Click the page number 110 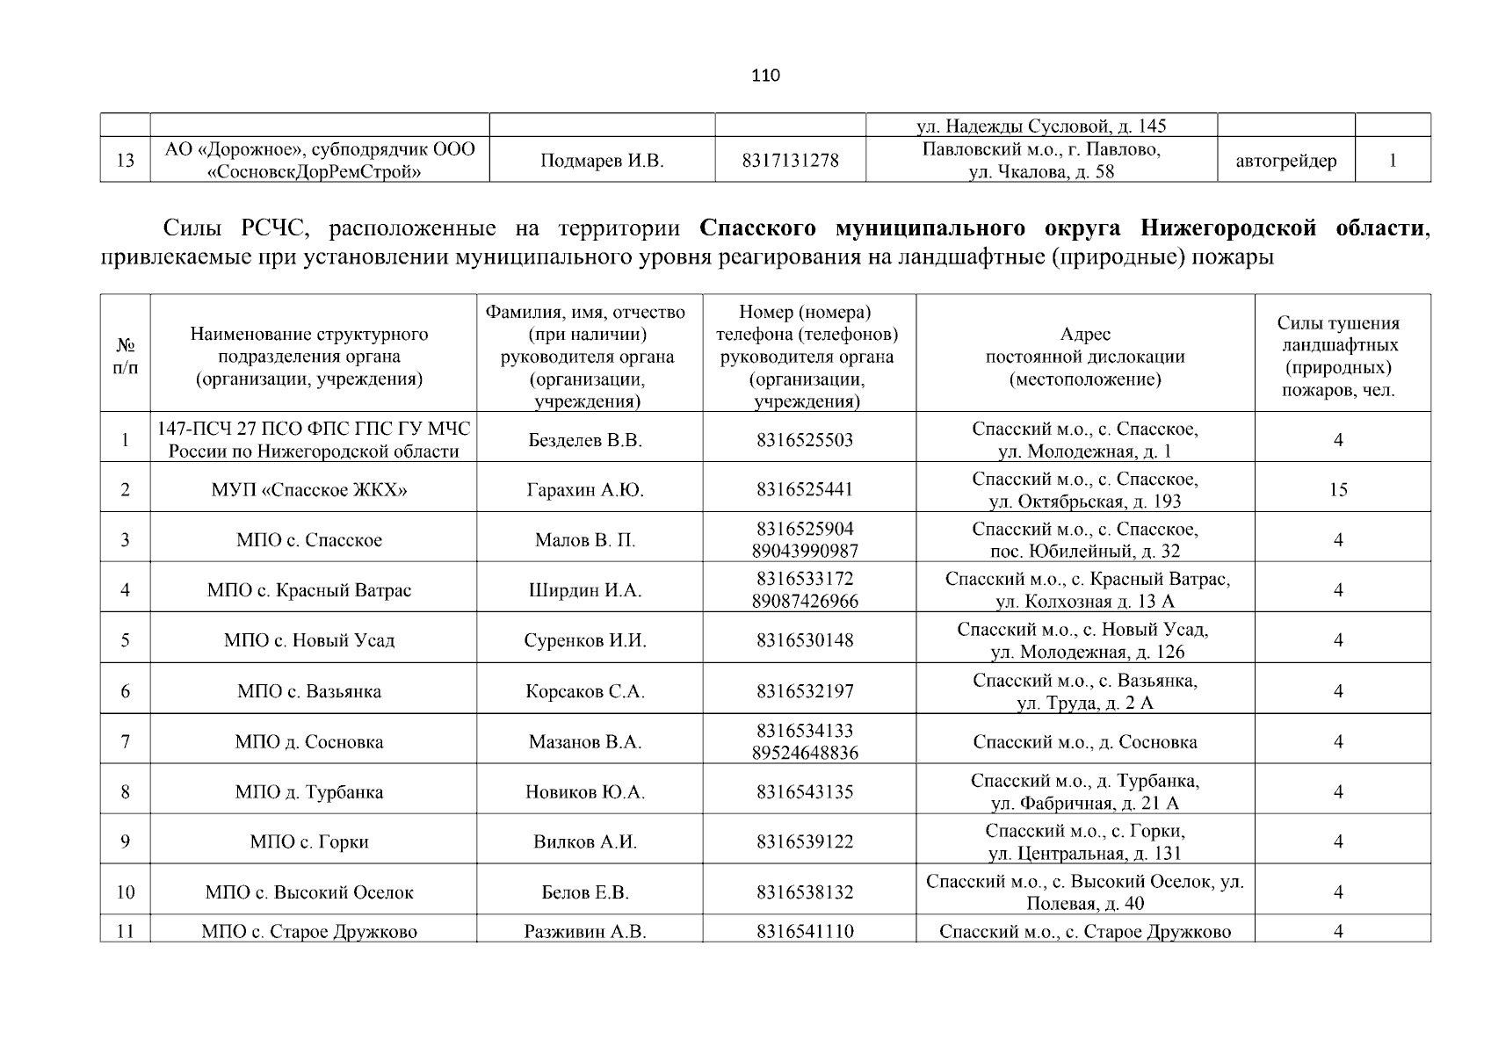(x=765, y=76)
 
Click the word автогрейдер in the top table (x=1285, y=161)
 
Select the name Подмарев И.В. (x=602, y=161)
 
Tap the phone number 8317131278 (x=790, y=161)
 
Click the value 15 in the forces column (x=1337, y=490)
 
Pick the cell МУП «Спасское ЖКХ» (x=309, y=490)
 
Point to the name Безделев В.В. (x=585, y=440)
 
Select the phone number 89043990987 (x=805, y=552)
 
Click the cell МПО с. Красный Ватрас (x=309, y=590)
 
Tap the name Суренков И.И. (x=585, y=640)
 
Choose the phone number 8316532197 (x=805, y=691)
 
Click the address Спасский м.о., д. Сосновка (x=1084, y=742)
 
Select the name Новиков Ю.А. (x=585, y=792)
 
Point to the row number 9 (x=125, y=842)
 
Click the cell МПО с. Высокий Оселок (x=309, y=892)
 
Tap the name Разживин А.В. (x=585, y=932)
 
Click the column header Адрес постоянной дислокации (x=1084, y=357)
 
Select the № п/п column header (x=125, y=357)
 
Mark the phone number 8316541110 (x=805, y=932)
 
